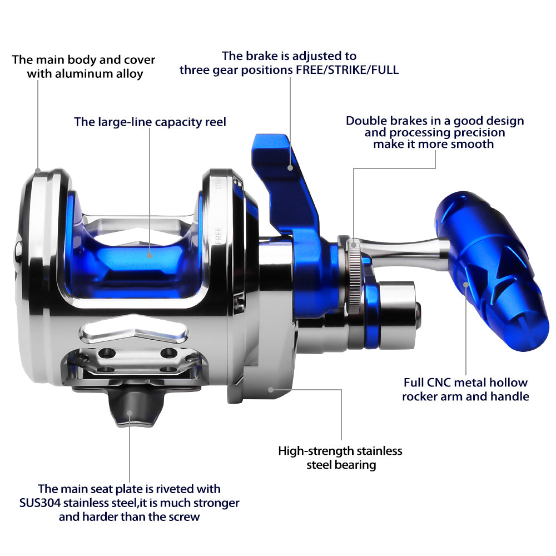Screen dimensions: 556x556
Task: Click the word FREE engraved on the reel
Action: coord(219,235)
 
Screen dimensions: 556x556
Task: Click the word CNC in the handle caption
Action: coord(439,383)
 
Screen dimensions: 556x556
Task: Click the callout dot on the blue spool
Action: coord(149,255)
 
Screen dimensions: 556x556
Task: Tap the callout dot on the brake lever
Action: coord(290,168)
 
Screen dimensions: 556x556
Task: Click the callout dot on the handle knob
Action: coord(466,284)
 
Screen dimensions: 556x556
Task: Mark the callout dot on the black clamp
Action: coord(130,413)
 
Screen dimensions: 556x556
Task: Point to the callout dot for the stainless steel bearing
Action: coord(271,390)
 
